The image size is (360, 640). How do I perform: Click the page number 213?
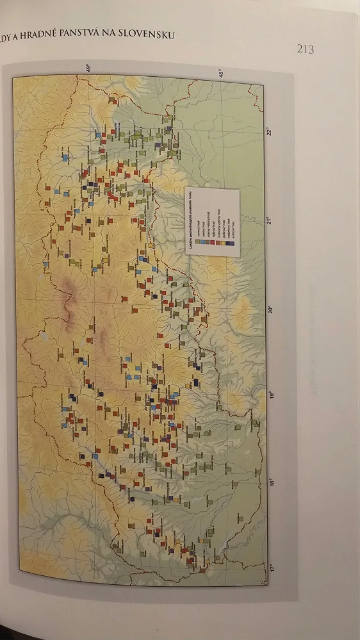pos(306,49)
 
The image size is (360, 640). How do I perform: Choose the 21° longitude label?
pos(272,221)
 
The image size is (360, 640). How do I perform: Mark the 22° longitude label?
pos(272,133)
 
